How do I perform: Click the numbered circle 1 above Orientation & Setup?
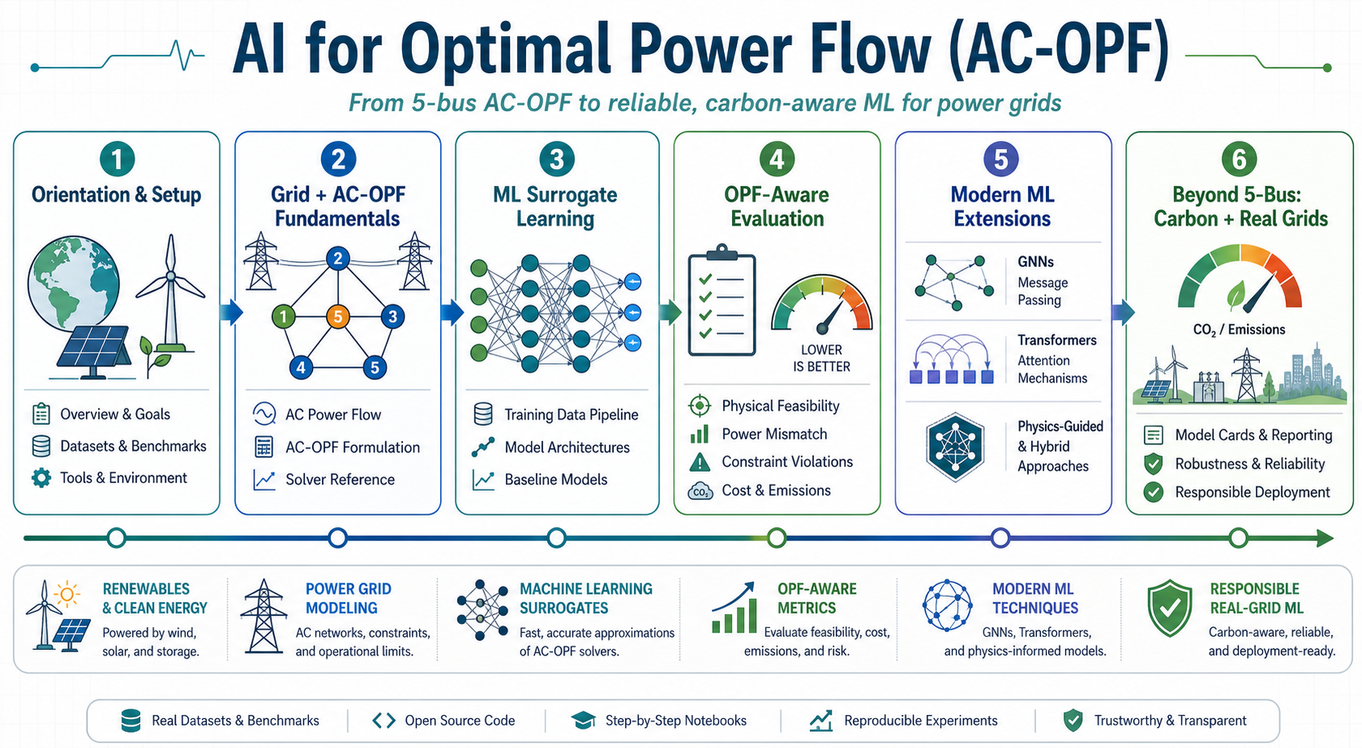coord(117,159)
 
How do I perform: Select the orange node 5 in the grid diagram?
coord(338,316)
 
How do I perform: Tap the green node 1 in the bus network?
coord(283,316)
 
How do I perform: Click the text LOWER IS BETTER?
coord(821,357)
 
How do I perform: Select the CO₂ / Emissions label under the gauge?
coord(1239,330)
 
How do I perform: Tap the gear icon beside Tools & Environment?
coord(41,477)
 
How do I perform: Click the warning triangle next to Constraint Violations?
coord(700,462)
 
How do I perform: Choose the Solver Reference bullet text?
coord(339,480)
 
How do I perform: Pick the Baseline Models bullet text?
coord(556,480)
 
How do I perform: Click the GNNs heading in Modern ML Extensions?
coord(1035,262)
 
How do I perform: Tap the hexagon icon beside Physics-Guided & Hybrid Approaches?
coord(955,448)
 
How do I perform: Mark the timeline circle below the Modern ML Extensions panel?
coord(1000,538)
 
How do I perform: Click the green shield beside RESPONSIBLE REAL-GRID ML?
coord(1169,608)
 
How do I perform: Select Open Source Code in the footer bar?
coord(459,721)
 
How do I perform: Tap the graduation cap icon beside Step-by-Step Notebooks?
coord(584,721)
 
